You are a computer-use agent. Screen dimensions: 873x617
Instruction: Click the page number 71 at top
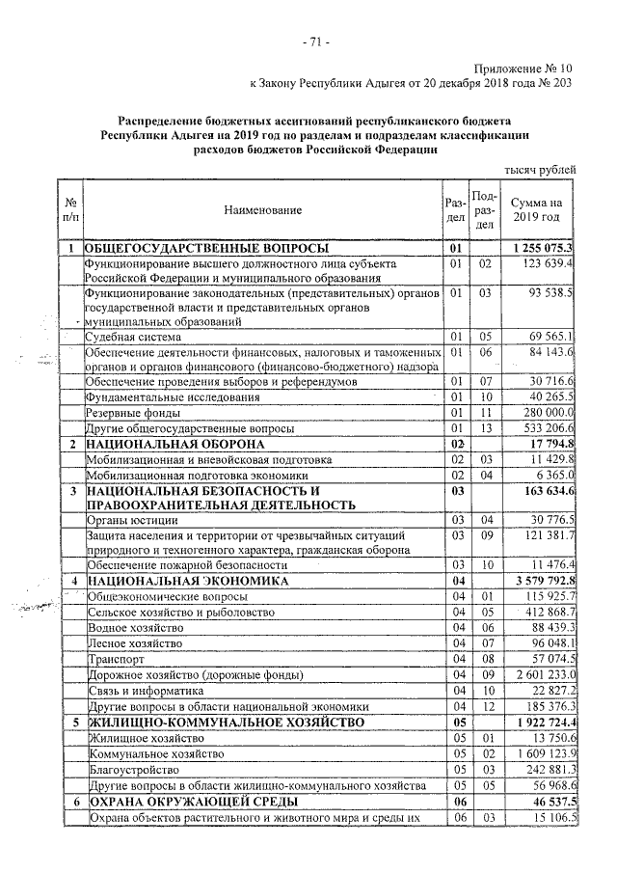315,41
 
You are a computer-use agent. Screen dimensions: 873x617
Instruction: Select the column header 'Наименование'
262,209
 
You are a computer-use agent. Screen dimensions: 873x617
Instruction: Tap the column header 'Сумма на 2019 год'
536,209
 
